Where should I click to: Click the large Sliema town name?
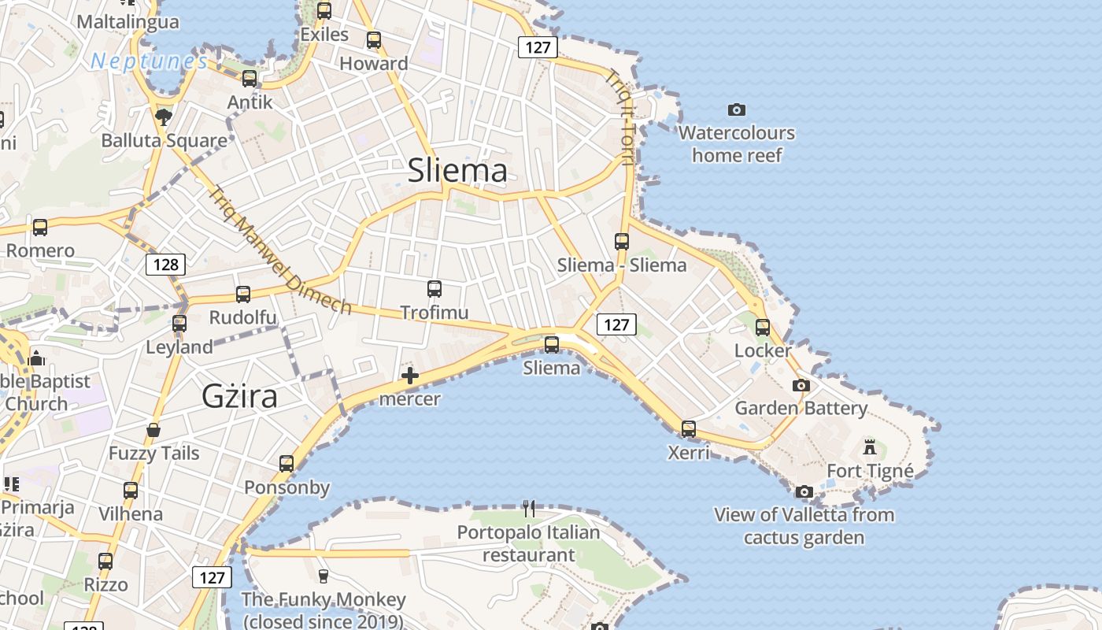tap(457, 171)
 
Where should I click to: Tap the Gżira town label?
tap(239, 395)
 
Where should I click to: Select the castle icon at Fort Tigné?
tap(869, 447)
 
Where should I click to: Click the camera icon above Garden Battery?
tap(801, 385)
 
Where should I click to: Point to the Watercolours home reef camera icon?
tap(736, 109)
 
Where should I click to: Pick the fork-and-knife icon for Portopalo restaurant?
tap(529, 509)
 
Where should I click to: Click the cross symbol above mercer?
tap(409, 376)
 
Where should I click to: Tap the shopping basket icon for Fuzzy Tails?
tap(153, 430)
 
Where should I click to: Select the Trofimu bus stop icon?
tap(434, 289)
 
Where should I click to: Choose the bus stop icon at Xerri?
tap(689, 429)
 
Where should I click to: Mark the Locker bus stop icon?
tap(762, 327)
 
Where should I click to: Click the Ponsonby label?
tap(287, 487)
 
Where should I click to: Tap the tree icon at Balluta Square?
tap(164, 117)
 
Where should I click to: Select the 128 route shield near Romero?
tap(165, 265)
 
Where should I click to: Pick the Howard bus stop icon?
tap(374, 39)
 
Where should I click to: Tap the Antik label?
tap(250, 102)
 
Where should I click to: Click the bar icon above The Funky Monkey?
tap(323, 576)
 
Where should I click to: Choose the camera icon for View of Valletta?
tap(804, 491)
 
